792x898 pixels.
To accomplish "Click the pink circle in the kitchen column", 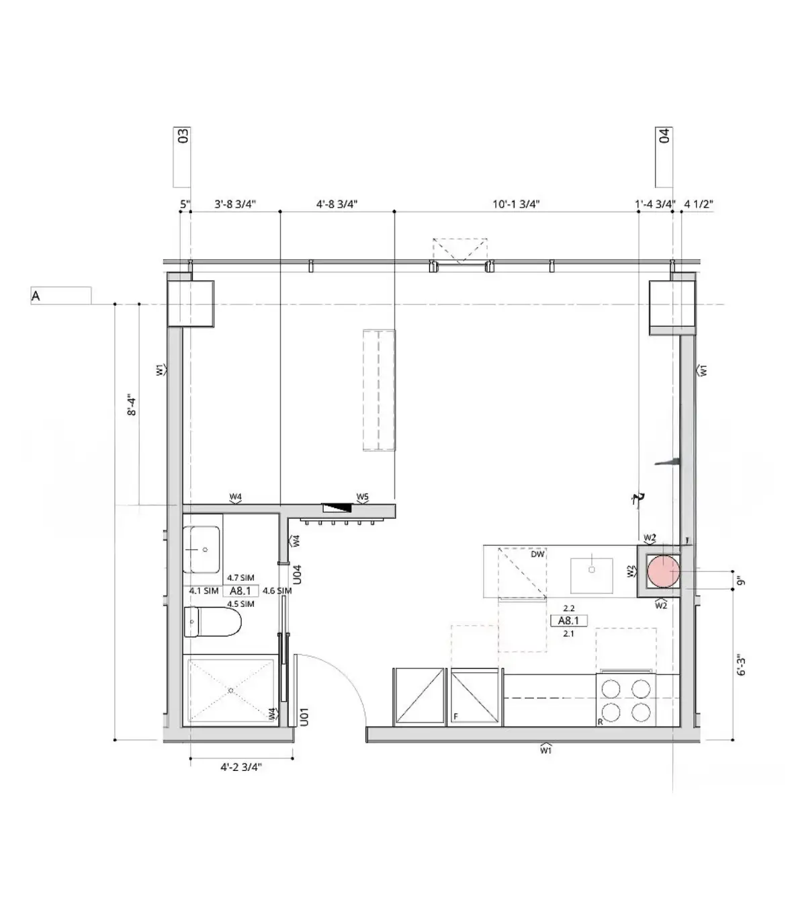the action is [663, 571].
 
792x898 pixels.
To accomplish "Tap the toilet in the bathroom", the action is [212, 622].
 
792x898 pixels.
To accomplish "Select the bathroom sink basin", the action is [202, 549].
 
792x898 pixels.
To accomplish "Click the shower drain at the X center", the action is [231, 690].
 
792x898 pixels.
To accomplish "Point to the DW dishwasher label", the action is [537, 554].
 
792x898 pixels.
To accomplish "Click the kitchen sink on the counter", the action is [591, 575].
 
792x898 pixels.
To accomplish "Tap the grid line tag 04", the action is [664, 135].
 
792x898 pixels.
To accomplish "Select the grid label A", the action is [36, 296].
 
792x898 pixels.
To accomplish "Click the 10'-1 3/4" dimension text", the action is [516, 204].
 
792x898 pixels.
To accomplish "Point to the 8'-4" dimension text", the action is [131, 404].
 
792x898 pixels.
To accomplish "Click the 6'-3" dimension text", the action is [741, 665].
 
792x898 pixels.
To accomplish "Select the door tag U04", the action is [297, 574].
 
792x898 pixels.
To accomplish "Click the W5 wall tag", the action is [362, 497].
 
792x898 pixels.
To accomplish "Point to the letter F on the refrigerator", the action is [455, 717].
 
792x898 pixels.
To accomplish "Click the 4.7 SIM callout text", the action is [240, 577].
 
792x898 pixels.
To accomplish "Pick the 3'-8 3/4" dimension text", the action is [235, 204].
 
